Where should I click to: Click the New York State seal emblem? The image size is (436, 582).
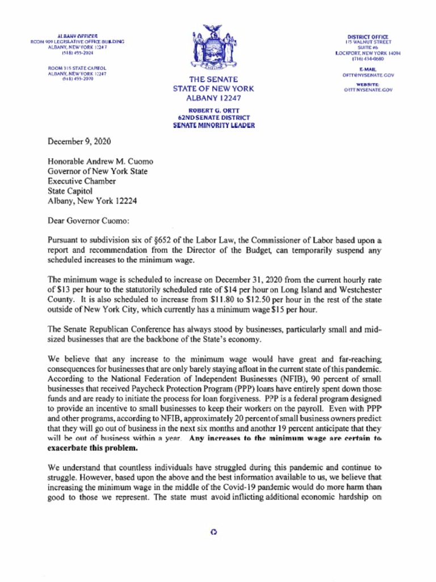213,48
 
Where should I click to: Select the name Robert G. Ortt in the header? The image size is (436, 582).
213,111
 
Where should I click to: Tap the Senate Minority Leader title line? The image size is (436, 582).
213,125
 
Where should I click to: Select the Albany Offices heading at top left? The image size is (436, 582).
77,36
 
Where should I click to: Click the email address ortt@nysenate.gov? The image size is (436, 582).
368,74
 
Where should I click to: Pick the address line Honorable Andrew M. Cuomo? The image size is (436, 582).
100,161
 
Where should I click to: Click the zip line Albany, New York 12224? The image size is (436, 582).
92,201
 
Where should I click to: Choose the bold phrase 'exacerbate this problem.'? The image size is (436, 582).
92,448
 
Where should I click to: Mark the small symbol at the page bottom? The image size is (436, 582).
213,532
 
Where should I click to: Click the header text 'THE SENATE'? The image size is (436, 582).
213,80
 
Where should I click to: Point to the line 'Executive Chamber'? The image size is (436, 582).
82,181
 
